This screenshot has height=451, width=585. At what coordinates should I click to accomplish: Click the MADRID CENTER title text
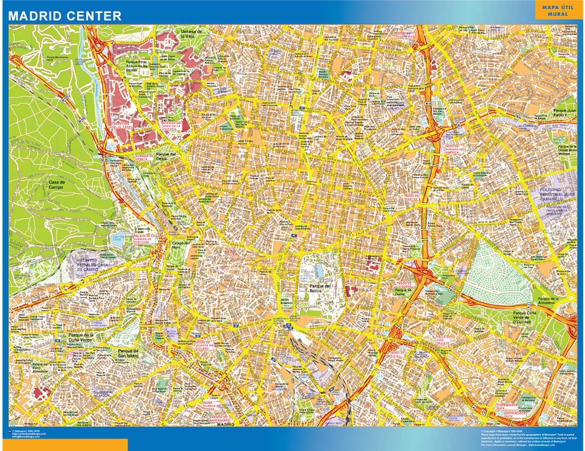point(65,16)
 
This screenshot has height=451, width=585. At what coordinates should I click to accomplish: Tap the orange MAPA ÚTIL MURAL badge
point(558,11)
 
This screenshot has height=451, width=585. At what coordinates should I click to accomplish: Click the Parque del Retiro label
point(320,289)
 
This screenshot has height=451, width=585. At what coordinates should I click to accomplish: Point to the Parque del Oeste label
point(166,156)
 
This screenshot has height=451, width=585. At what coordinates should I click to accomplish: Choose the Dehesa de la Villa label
point(191,34)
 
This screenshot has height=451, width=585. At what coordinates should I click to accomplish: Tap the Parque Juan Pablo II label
point(564,112)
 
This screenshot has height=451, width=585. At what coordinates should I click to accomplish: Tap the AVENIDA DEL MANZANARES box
point(219,418)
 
